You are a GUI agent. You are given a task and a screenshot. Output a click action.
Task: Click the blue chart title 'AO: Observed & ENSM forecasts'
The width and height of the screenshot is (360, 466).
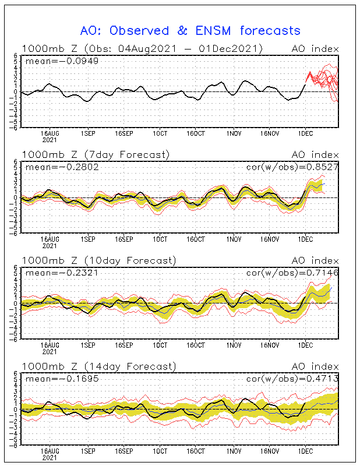point(190,30)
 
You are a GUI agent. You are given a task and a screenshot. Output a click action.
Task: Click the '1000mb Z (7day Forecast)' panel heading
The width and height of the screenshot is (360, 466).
point(96,154)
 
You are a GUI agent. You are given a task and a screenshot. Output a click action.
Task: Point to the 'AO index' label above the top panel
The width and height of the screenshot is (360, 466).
point(315,48)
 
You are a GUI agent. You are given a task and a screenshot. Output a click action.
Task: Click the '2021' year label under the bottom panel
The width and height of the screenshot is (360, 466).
point(50,458)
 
